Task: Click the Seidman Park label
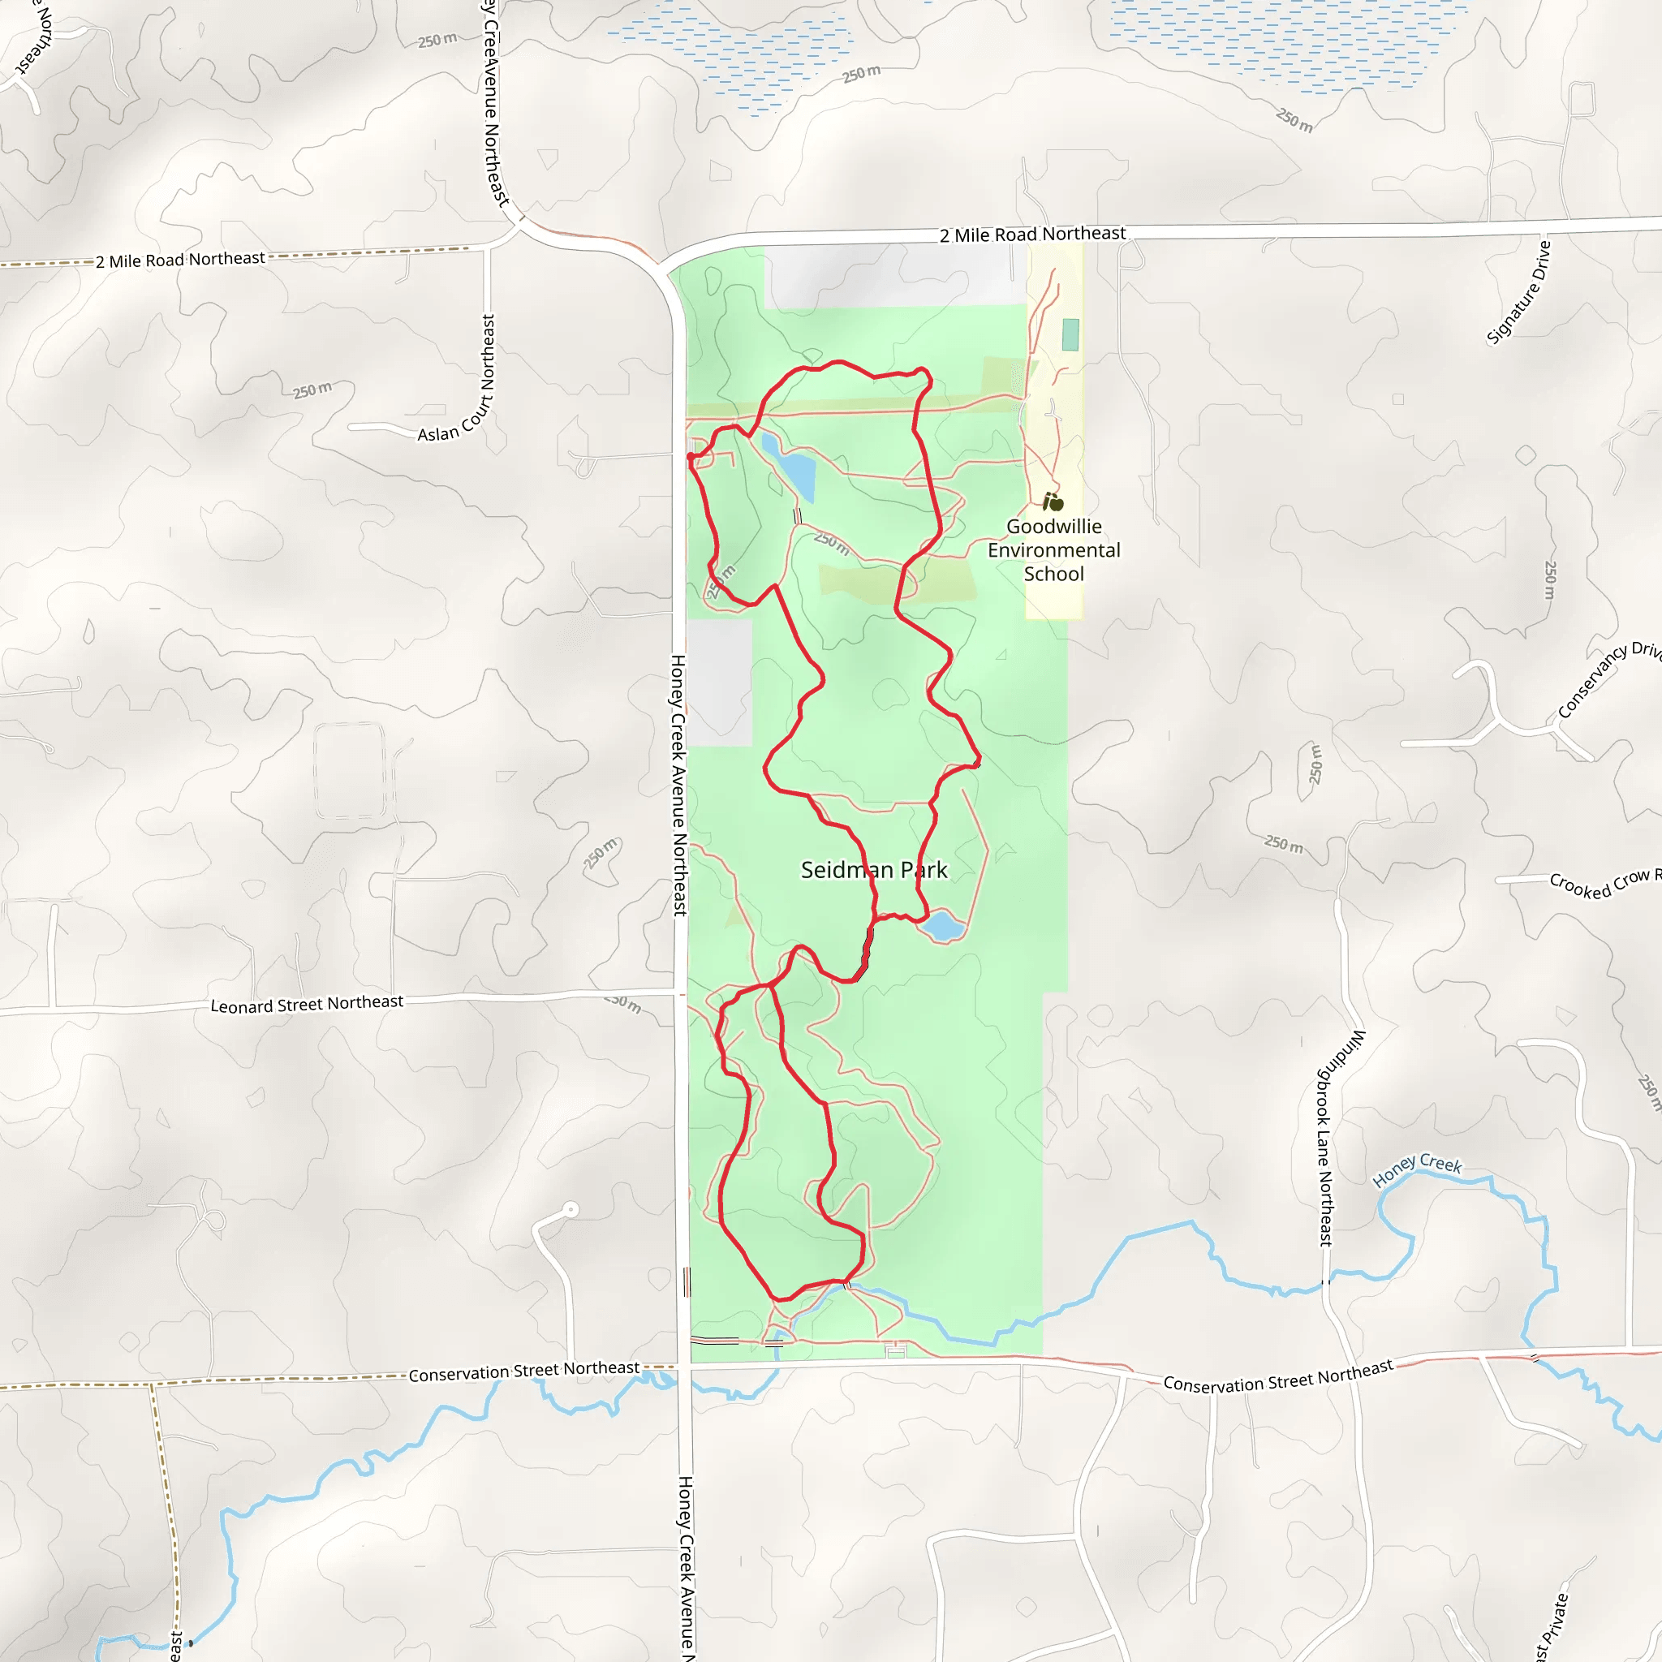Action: (x=873, y=870)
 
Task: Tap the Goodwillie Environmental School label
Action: (x=1054, y=549)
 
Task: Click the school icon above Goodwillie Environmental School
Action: (x=1053, y=501)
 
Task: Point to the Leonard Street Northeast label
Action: (x=306, y=1004)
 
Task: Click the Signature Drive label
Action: (x=1518, y=293)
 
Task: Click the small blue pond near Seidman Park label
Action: (x=944, y=927)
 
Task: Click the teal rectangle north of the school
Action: (x=1070, y=334)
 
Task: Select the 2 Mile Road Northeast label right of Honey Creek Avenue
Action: (x=1032, y=234)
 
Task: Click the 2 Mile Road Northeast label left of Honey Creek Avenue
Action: (x=180, y=259)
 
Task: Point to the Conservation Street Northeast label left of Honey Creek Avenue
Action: (x=524, y=1371)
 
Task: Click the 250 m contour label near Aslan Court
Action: (x=312, y=390)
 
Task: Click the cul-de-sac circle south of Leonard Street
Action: (x=571, y=1209)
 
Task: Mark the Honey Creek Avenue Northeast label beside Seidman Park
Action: (x=678, y=785)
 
